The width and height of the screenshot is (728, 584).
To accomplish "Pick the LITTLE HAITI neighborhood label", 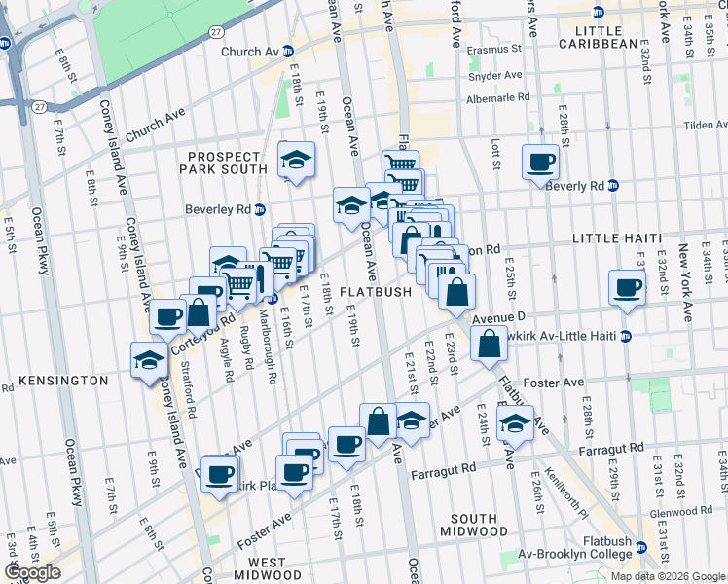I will pos(616,238).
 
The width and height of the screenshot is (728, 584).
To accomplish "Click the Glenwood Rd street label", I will pos(673,512).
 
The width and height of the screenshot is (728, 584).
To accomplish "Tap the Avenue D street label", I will pos(499,318).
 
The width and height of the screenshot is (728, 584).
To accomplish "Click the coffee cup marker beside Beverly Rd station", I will pos(540,162).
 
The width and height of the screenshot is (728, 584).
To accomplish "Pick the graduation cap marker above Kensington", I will pos(150,358).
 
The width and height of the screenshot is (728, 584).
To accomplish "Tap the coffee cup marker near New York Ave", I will pos(627,287).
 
